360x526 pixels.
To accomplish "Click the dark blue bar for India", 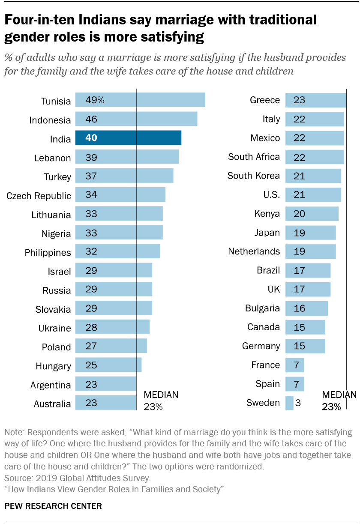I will coord(128,138).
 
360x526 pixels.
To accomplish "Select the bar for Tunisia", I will coord(140,100).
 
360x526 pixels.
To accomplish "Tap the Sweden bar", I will coord(289,403).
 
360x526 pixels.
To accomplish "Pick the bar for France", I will coord(294,365).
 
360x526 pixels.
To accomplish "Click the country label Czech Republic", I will coord(39,196).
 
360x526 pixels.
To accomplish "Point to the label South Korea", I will coord(253,176).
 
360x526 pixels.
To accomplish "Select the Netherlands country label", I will coord(254,251).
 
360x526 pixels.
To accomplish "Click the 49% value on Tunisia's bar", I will coord(95,100).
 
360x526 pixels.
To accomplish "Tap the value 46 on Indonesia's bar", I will coord(91,119).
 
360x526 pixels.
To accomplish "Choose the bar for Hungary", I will coord(108,365).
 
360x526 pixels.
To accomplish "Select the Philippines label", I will coord(48,253).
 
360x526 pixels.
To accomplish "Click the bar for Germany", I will coord(305,346).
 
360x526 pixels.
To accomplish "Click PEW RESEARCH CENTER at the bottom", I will coord(53,506).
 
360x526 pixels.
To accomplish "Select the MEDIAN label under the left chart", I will coord(161,394).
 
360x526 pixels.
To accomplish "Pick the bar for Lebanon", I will coord(127,157).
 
